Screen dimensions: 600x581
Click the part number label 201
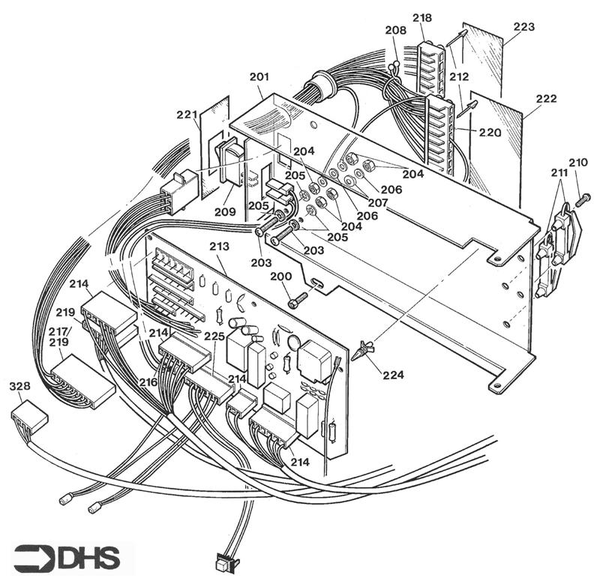point(259,76)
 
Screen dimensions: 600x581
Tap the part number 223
point(523,27)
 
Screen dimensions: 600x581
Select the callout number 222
point(546,99)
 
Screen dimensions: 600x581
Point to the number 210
point(577,163)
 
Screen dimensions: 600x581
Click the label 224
point(393,374)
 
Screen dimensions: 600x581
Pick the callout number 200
point(280,276)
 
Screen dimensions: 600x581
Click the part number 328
point(19,386)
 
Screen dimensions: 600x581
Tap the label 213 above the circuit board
point(219,246)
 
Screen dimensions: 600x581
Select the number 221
point(187,115)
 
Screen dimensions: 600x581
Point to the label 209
point(224,211)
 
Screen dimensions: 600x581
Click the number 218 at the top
point(422,17)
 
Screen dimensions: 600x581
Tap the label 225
point(214,336)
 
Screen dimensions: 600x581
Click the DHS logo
point(67,558)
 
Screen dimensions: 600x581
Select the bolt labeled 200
point(298,299)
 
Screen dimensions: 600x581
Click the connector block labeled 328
point(29,417)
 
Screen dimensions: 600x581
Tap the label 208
point(396,30)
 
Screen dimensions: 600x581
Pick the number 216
point(148,382)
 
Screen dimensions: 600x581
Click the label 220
point(490,133)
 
